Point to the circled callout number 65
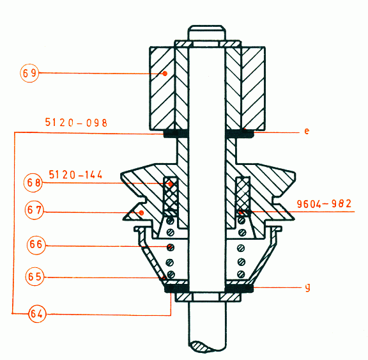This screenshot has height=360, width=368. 35,277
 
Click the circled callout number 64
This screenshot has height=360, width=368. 38,313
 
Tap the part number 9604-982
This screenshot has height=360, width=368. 325,205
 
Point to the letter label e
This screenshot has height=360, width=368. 307,131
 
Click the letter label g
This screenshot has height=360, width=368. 307,288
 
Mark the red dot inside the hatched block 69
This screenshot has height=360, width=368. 164,74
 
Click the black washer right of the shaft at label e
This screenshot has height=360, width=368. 240,134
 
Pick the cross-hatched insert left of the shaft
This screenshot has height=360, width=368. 171,194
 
